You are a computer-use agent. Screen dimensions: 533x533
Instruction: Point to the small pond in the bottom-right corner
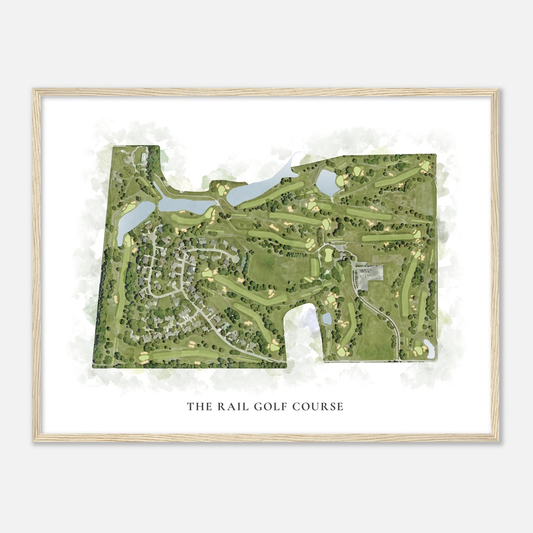429,348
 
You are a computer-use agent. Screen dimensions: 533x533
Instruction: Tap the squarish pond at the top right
326,182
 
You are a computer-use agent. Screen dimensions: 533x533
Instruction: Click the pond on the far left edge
130,220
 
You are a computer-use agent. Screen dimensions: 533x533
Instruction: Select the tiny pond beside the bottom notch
327,319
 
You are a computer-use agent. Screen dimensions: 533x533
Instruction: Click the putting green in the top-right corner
424,166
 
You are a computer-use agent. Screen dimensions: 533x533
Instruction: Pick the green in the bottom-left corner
143,357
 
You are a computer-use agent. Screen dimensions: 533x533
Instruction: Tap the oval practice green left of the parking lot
329,255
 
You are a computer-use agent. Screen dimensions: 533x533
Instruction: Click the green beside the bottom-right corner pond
419,350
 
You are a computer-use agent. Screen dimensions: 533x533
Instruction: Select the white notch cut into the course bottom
305,336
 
